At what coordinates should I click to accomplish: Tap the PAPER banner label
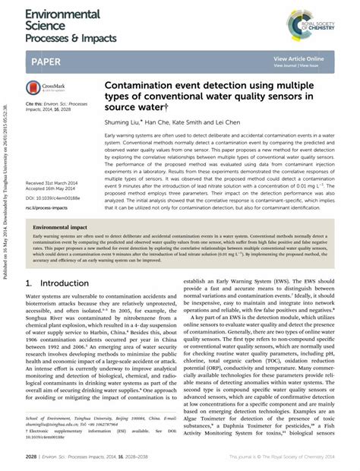[47, 60]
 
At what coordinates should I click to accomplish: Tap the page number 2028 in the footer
[31, 458]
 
